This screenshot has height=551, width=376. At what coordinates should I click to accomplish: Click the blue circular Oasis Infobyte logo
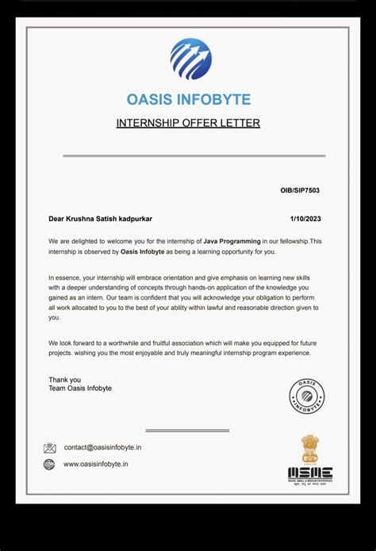(x=190, y=59)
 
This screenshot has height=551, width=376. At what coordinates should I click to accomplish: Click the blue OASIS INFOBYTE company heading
(x=188, y=99)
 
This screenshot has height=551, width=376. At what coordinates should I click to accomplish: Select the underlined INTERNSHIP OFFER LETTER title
(x=188, y=123)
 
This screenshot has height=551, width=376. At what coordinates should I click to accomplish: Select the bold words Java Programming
(x=224, y=240)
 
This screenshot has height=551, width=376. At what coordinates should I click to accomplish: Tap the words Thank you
(x=64, y=380)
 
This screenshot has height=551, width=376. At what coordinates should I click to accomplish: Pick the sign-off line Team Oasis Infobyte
(x=80, y=388)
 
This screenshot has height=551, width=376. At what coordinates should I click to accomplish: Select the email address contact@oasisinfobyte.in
(x=102, y=448)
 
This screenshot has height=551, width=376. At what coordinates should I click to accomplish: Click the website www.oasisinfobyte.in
(x=96, y=465)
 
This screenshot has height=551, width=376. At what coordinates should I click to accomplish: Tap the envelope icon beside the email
(x=50, y=448)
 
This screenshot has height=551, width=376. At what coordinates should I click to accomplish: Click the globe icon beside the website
(x=49, y=465)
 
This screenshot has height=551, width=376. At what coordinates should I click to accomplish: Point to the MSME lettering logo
(x=309, y=473)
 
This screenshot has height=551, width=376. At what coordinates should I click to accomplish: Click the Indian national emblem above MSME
(x=309, y=448)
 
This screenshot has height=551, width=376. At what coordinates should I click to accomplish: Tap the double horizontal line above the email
(x=187, y=430)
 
